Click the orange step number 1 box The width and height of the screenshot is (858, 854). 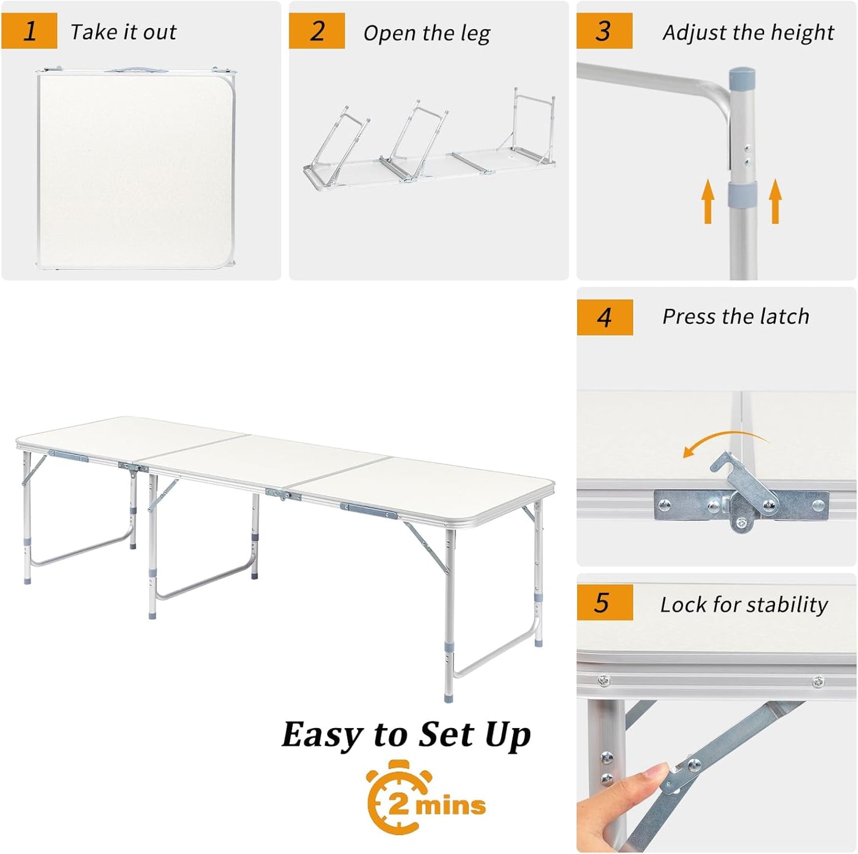(29, 31)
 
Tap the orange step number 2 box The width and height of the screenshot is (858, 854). (316, 31)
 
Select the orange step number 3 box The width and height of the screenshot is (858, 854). (604, 31)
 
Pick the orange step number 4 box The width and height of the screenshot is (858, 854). (604, 317)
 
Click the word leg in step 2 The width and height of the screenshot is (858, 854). (475, 34)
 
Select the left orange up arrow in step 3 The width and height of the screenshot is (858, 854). (707, 202)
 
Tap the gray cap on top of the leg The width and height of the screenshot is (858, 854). (742, 77)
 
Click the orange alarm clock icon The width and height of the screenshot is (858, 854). (395, 798)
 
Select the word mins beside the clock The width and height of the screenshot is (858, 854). (450, 806)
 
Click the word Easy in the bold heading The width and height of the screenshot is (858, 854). (321, 735)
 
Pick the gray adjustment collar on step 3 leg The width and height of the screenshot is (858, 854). (742, 194)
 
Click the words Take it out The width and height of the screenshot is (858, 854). (124, 32)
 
